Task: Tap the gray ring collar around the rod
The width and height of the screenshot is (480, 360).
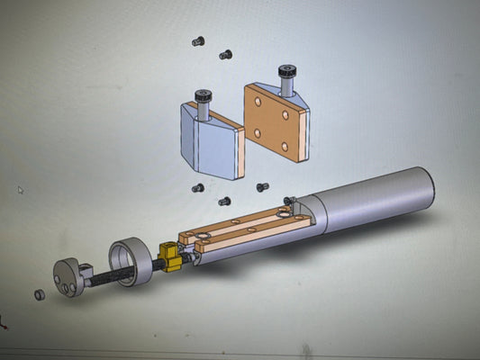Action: coord(130,260)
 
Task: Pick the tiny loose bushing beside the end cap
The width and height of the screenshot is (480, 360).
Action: coord(39,294)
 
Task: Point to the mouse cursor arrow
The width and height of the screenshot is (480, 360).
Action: coord(21,190)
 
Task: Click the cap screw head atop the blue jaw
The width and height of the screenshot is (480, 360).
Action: coord(204,95)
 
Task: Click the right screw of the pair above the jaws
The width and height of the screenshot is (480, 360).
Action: coord(225,55)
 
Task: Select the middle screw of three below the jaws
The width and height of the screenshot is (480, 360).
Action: coord(225,201)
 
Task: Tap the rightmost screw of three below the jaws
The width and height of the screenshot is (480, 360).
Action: coord(262,187)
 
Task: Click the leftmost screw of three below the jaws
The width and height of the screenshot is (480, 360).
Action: coord(198,189)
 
